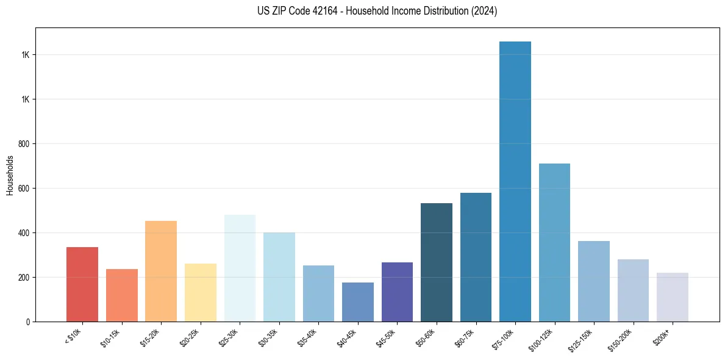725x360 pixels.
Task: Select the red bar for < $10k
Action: click(x=82, y=284)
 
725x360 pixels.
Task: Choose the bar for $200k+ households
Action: click(x=673, y=297)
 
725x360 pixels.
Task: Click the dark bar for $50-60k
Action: click(x=437, y=262)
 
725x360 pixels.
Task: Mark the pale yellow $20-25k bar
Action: click(x=201, y=293)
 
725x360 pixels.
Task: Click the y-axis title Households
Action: click(x=10, y=175)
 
